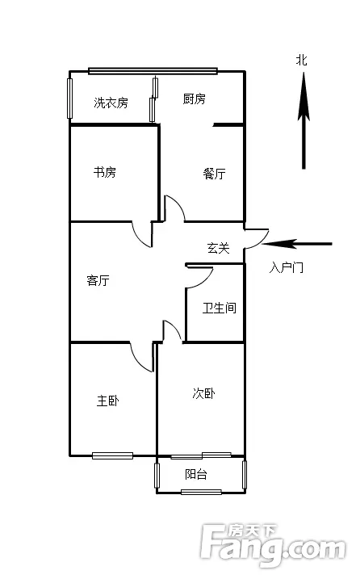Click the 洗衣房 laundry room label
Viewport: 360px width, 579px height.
pyautogui.click(x=111, y=103)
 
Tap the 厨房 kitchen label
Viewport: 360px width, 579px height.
pyautogui.click(x=195, y=99)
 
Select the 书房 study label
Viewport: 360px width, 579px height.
pyautogui.click(x=104, y=172)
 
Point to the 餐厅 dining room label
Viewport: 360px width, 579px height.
pyautogui.click(x=214, y=173)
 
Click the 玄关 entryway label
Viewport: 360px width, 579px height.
pyautogui.click(x=219, y=248)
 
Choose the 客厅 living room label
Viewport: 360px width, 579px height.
pyautogui.click(x=98, y=280)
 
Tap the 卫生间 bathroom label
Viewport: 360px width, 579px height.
pyautogui.click(x=219, y=308)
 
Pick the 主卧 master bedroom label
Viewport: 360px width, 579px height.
pyautogui.click(x=108, y=401)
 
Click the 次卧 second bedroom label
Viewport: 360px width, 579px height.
pyautogui.click(x=204, y=393)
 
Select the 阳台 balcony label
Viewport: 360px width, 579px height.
pyautogui.click(x=195, y=474)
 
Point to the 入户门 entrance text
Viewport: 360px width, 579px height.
pyautogui.click(x=287, y=267)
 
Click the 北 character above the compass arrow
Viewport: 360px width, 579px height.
pyautogui.click(x=302, y=61)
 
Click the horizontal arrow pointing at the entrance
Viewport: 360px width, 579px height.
pyautogui.click(x=297, y=244)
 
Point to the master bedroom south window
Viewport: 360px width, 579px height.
pyautogui.click(x=112, y=455)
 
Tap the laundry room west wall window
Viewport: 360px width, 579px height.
pyautogui.click(x=69, y=99)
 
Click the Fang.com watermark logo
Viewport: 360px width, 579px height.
pyautogui.click(x=274, y=546)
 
